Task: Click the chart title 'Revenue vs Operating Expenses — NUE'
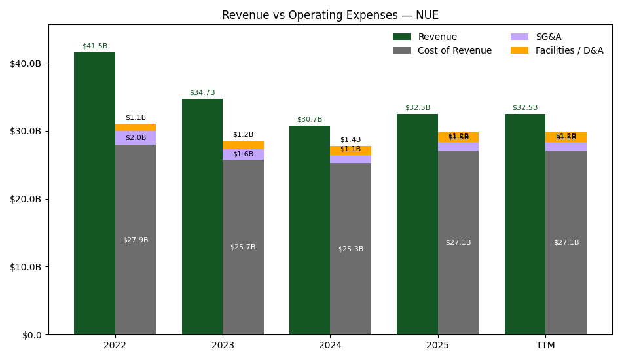[330, 15]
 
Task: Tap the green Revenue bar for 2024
[310, 229]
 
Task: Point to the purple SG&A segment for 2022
[136, 137]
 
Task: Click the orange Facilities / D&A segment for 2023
[243, 145]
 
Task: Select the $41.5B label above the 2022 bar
[94, 46]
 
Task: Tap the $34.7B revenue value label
[202, 93]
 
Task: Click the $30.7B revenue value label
[310, 120]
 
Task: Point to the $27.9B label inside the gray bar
[136, 240]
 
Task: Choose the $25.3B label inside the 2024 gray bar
[350, 249]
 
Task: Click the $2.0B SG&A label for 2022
[136, 138]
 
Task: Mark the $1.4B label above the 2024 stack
[350, 140]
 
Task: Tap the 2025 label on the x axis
[437, 346]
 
